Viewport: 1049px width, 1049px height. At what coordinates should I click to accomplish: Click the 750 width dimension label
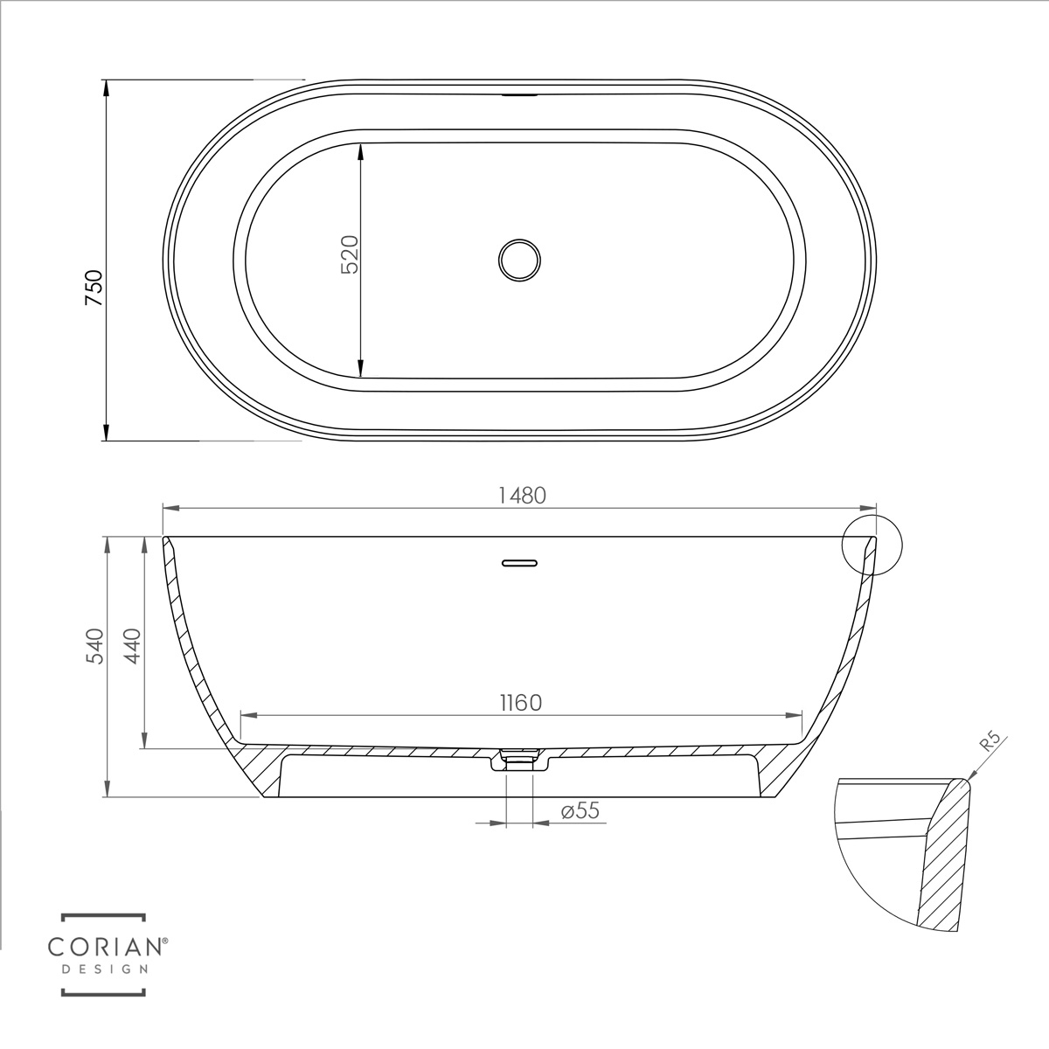click(94, 288)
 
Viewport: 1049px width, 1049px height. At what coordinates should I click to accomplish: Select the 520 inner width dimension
click(350, 254)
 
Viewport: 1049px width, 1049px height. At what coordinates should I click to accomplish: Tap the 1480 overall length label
click(522, 496)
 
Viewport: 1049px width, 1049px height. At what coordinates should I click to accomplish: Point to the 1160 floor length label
click(521, 704)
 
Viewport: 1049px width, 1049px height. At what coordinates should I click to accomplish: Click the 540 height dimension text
click(94, 646)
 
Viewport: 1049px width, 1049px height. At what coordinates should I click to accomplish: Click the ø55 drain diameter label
click(580, 810)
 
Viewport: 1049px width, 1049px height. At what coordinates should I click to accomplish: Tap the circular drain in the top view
click(519, 261)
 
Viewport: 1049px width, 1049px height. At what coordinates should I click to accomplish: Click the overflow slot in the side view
click(519, 563)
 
